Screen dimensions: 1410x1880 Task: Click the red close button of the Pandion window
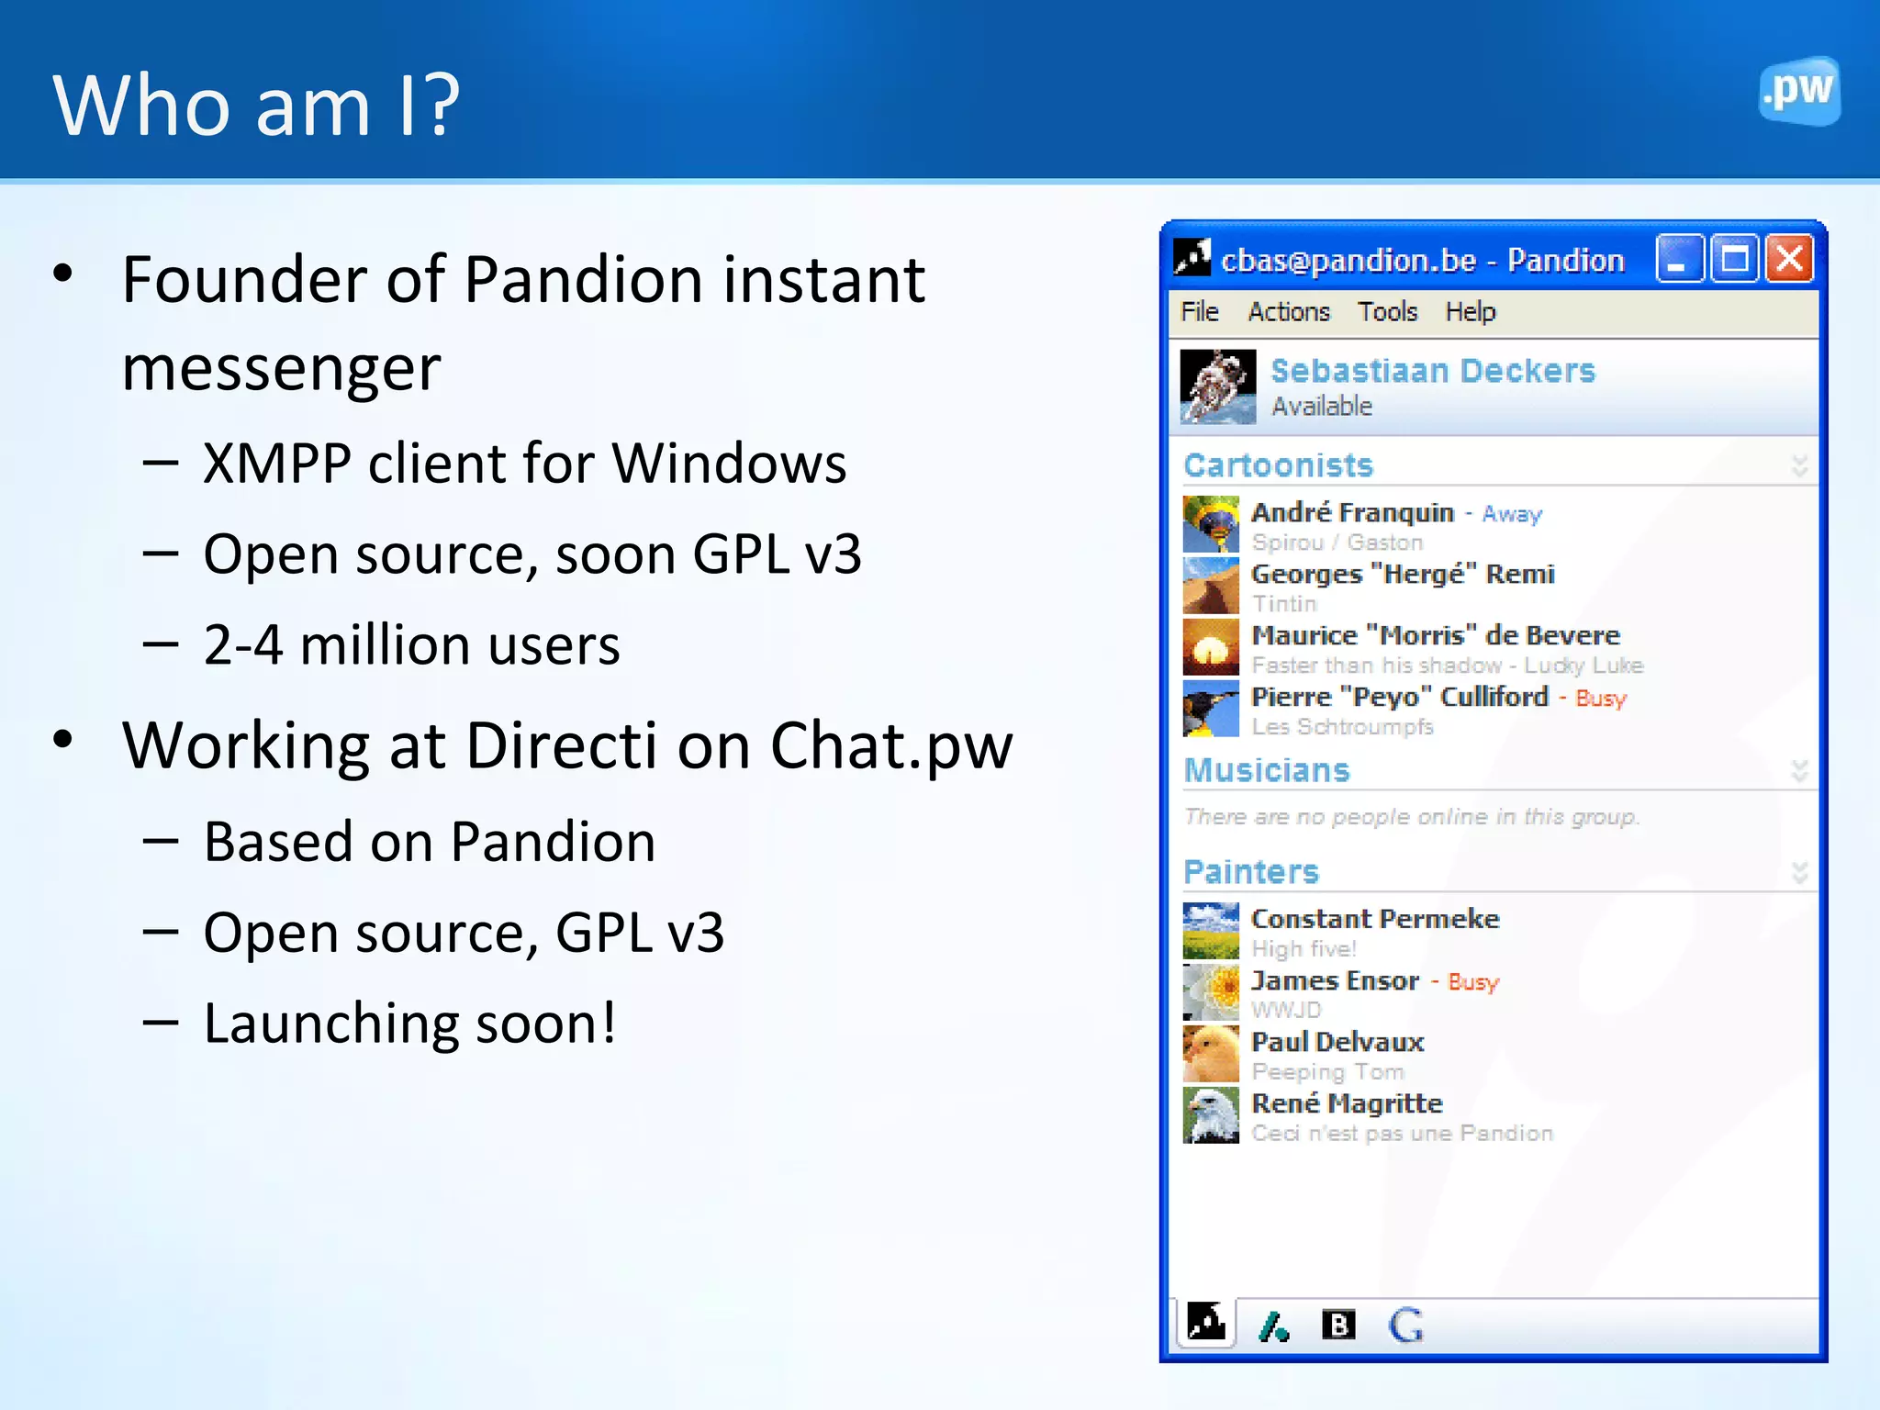[1789, 259]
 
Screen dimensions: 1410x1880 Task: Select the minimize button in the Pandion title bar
[1679, 259]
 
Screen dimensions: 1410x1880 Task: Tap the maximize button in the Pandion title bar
[1734, 259]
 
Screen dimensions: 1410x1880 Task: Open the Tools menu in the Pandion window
[1387, 312]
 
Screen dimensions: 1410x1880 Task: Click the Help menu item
[1470, 312]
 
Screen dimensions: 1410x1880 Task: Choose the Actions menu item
[1288, 312]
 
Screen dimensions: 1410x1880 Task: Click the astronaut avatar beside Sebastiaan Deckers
[1217, 386]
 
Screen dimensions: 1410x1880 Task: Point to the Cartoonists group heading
[1278, 465]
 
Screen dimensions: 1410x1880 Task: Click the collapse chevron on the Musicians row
[1799, 771]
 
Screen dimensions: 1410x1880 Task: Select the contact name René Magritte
[1347, 1103]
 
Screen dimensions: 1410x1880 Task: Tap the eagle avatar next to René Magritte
[1211, 1115]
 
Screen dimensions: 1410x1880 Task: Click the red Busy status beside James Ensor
[1472, 982]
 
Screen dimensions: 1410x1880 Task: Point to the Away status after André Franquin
[1512, 514]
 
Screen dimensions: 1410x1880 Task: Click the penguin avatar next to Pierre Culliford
[1211, 709]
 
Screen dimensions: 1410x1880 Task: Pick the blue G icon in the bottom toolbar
[1405, 1326]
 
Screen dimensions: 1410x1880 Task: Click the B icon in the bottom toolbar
[1337, 1325]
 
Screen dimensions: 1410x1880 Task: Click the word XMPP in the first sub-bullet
[276, 464]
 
